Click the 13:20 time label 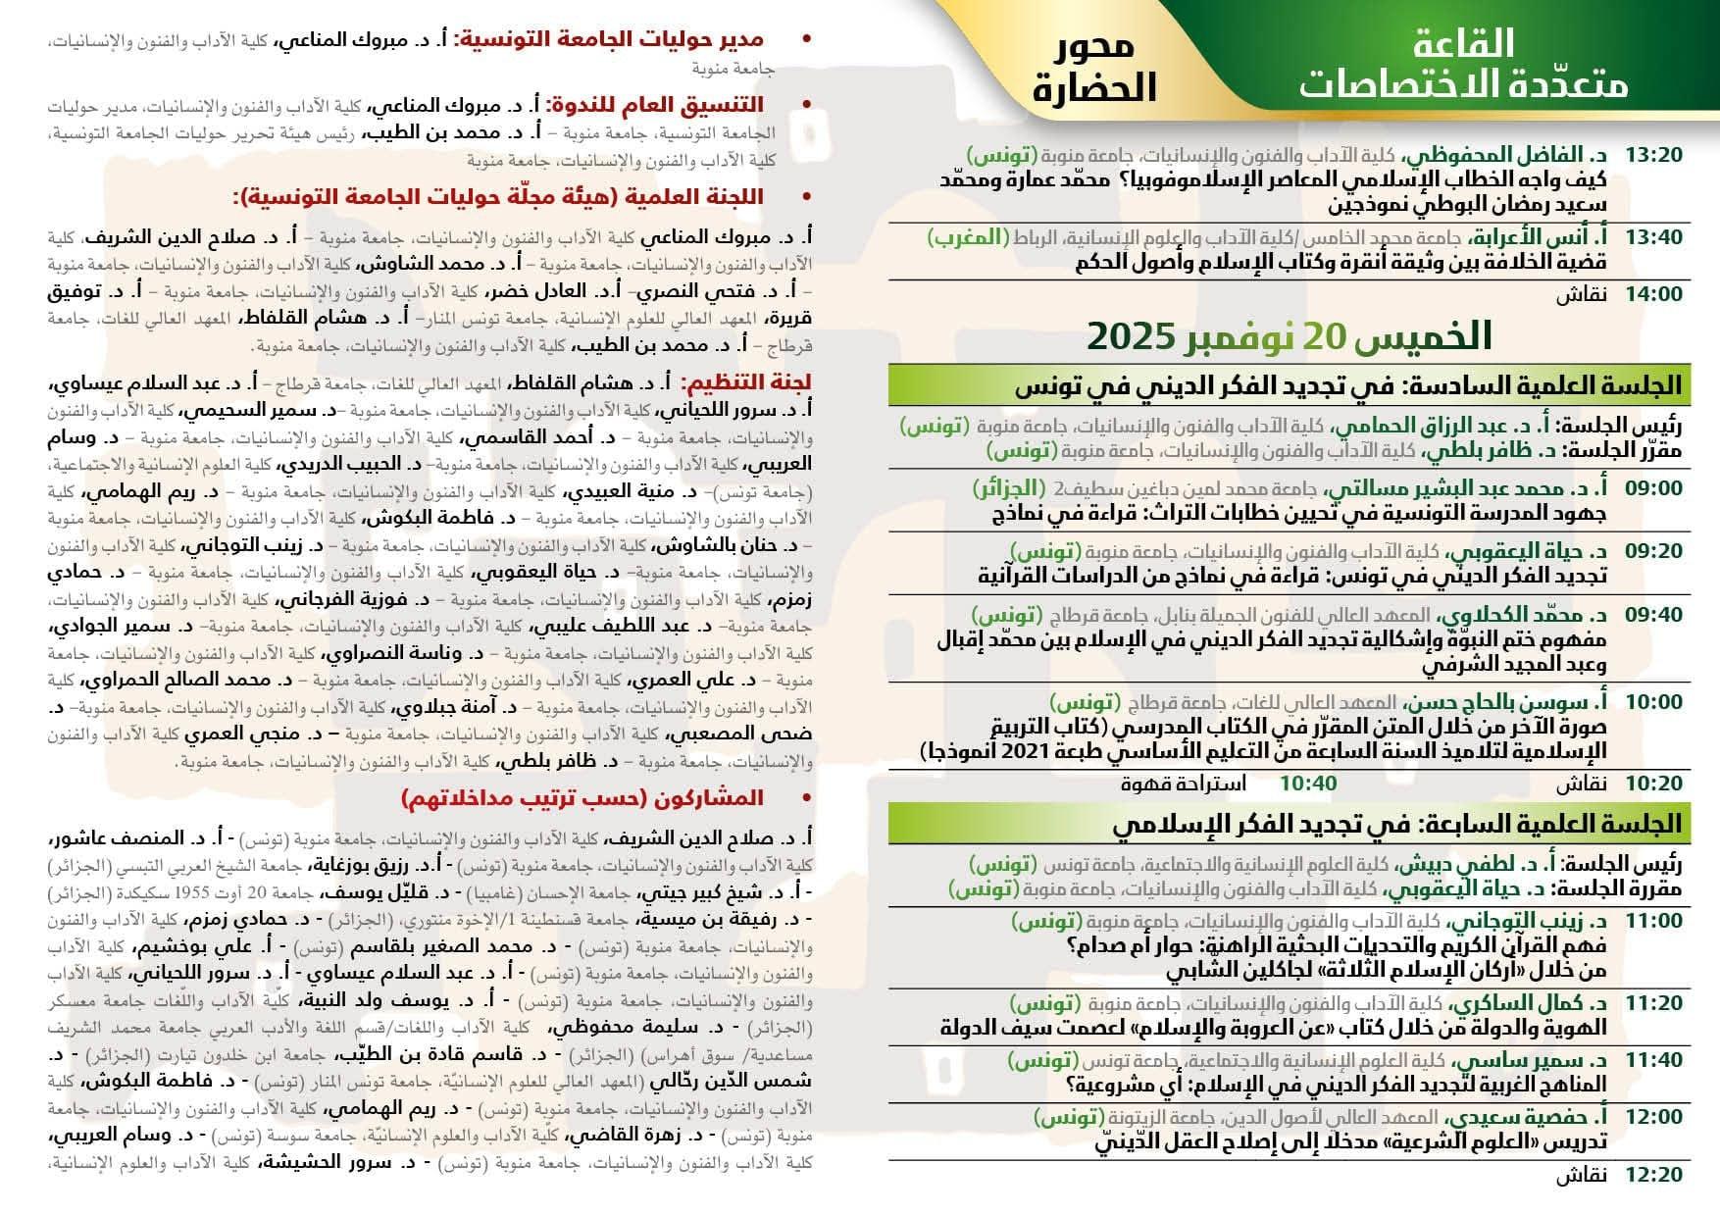click(1653, 155)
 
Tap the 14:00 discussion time click(1653, 293)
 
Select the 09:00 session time click(1653, 488)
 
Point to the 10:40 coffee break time click(1308, 783)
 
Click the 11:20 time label click(1653, 1003)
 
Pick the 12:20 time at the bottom click(1653, 1174)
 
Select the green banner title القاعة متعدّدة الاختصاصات click(1463, 64)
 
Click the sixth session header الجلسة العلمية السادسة click(1347, 385)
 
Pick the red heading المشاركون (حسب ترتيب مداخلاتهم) click(582, 799)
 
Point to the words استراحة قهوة click(1184, 783)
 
